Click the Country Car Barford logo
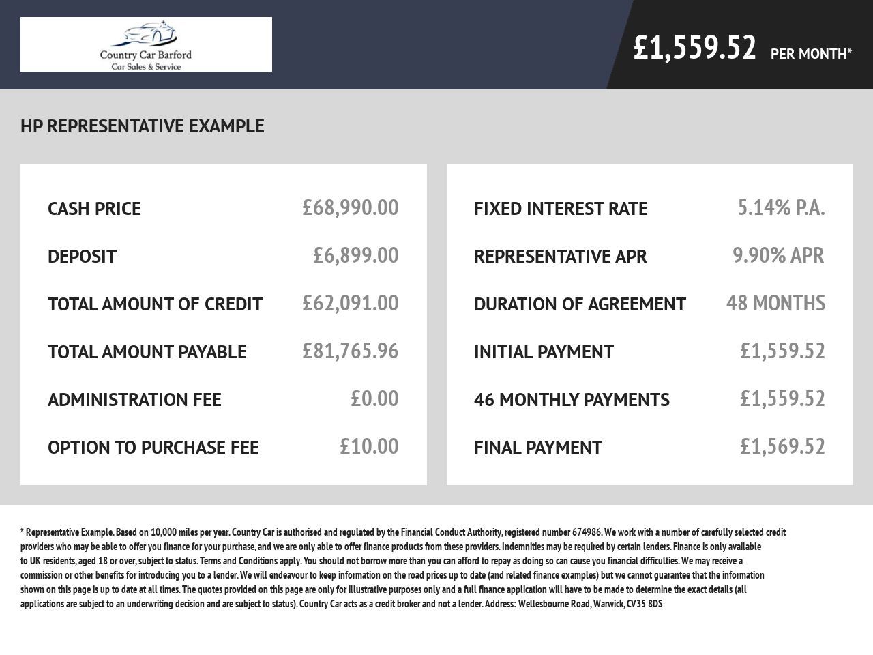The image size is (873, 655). (x=146, y=44)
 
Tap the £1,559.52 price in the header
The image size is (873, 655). (x=694, y=48)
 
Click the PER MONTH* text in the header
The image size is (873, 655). (x=811, y=54)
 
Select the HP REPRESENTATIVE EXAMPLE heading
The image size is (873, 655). (x=143, y=126)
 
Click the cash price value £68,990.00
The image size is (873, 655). (x=350, y=207)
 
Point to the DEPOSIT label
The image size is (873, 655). (x=82, y=257)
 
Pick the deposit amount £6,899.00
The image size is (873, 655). (x=355, y=255)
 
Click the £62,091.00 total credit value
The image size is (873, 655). (x=350, y=303)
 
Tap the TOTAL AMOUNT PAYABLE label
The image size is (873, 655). (x=147, y=352)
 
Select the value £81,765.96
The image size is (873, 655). (x=350, y=351)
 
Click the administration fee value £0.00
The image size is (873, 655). (x=374, y=398)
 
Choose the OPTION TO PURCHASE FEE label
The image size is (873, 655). (x=153, y=448)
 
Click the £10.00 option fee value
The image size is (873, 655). (x=369, y=446)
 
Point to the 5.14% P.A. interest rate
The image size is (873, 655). (x=781, y=207)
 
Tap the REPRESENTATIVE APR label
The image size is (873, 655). (x=560, y=257)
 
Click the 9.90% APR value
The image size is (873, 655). (x=778, y=255)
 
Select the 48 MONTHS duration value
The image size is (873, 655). (x=775, y=303)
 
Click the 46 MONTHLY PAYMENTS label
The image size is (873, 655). (x=572, y=400)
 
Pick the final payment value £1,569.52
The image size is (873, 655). (x=782, y=446)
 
